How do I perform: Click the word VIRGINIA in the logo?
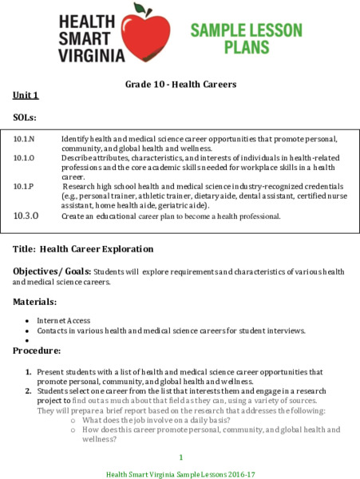92,56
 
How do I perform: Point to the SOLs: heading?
26,117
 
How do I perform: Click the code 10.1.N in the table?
24,139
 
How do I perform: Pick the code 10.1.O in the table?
24,157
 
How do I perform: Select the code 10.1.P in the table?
24,185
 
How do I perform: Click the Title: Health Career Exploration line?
83,249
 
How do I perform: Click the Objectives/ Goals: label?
52,271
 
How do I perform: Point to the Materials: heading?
35,302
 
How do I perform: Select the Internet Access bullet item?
63,320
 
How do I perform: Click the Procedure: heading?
37,350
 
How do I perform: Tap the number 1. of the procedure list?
28,372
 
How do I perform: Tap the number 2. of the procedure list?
28,391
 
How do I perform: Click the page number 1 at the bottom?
180,457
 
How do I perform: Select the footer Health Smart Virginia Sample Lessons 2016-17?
180,473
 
